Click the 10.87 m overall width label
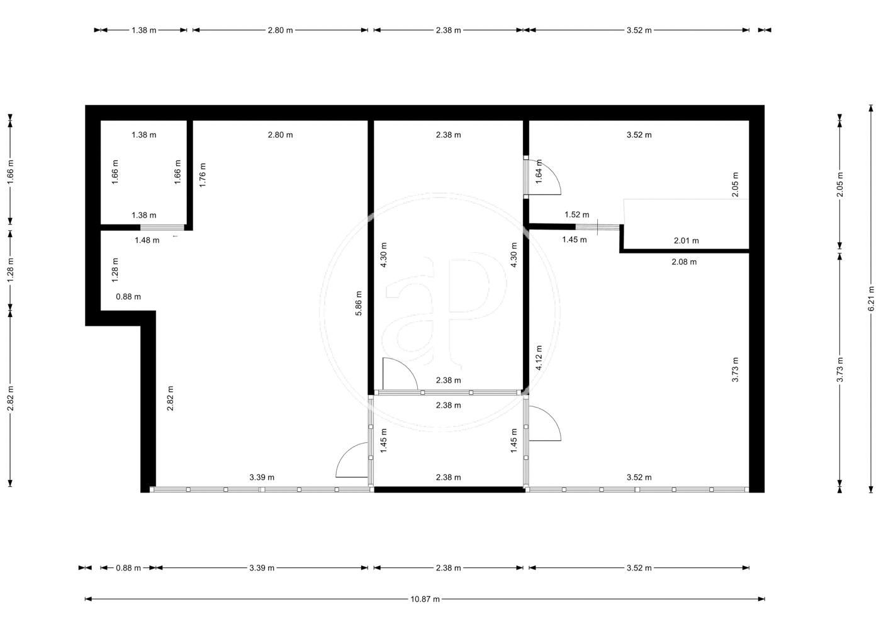(x=425, y=599)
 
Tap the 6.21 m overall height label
(x=871, y=298)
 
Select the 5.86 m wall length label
(x=358, y=303)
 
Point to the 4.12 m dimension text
(x=539, y=357)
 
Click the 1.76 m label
(x=202, y=175)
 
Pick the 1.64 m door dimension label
(x=539, y=171)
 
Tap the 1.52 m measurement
(x=577, y=214)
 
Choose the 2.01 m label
(x=687, y=240)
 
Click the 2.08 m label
(x=684, y=262)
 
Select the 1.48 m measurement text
(x=147, y=240)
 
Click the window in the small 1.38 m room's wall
(x=162, y=227)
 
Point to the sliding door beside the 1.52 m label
(x=597, y=227)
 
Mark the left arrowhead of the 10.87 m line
(x=88, y=599)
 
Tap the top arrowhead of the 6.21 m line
(x=871, y=108)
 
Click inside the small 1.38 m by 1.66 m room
(x=143, y=173)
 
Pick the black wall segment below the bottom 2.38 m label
(x=449, y=489)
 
